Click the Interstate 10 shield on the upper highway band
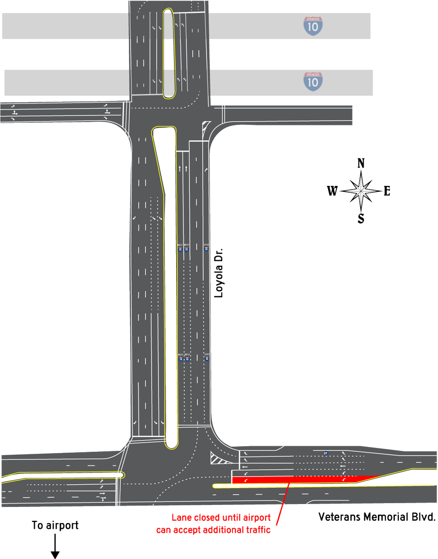pyautogui.click(x=313, y=26)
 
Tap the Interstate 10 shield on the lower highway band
pyautogui.click(x=313, y=82)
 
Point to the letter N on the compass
pyautogui.click(x=361, y=163)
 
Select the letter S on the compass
pyautogui.click(x=361, y=218)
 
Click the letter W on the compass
pyautogui.click(x=332, y=191)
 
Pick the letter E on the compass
pyautogui.click(x=387, y=191)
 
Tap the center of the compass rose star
pyautogui.click(x=361, y=191)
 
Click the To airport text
pyautogui.click(x=55, y=525)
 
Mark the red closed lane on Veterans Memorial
pyautogui.click(x=298, y=479)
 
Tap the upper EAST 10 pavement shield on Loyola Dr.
pyautogui.click(x=206, y=247)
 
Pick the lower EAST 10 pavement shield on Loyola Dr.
pyautogui.click(x=207, y=357)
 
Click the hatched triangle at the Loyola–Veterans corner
pyautogui.click(x=218, y=458)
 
